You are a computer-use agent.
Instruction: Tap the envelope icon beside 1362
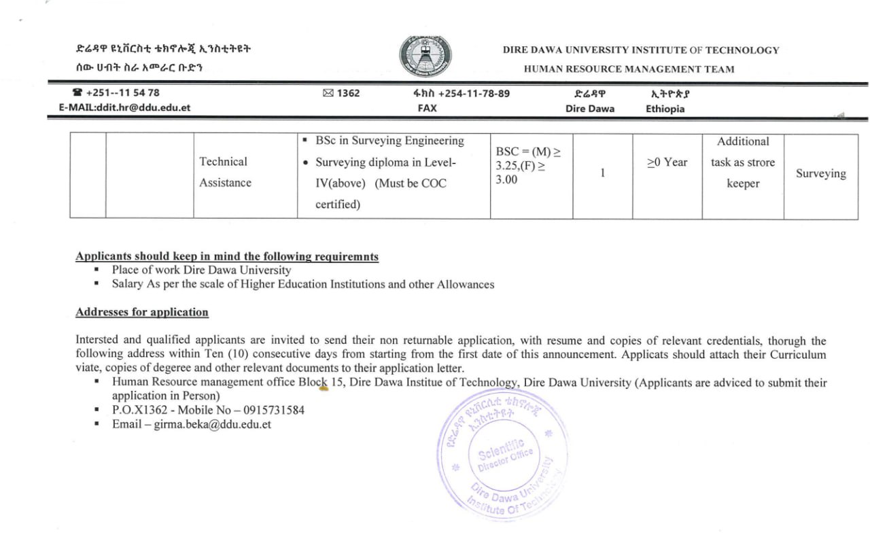coord(328,93)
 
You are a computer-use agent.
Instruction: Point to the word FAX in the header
coord(427,108)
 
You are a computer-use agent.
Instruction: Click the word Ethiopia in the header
coord(665,109)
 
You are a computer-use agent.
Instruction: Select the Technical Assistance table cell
coord(225,172)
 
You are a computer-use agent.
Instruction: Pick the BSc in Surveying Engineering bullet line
coord(389,141)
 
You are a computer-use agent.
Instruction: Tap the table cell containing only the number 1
coord(602,173)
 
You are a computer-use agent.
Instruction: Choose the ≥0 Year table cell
coord(667,162)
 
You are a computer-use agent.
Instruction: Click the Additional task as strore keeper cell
coord(742,162)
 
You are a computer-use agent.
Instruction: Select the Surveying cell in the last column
coord(820,174)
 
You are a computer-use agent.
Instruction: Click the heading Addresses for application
coord(142,313)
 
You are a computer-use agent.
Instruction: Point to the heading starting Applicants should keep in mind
coord(227,257)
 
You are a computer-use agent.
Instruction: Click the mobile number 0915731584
coord(271,411)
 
